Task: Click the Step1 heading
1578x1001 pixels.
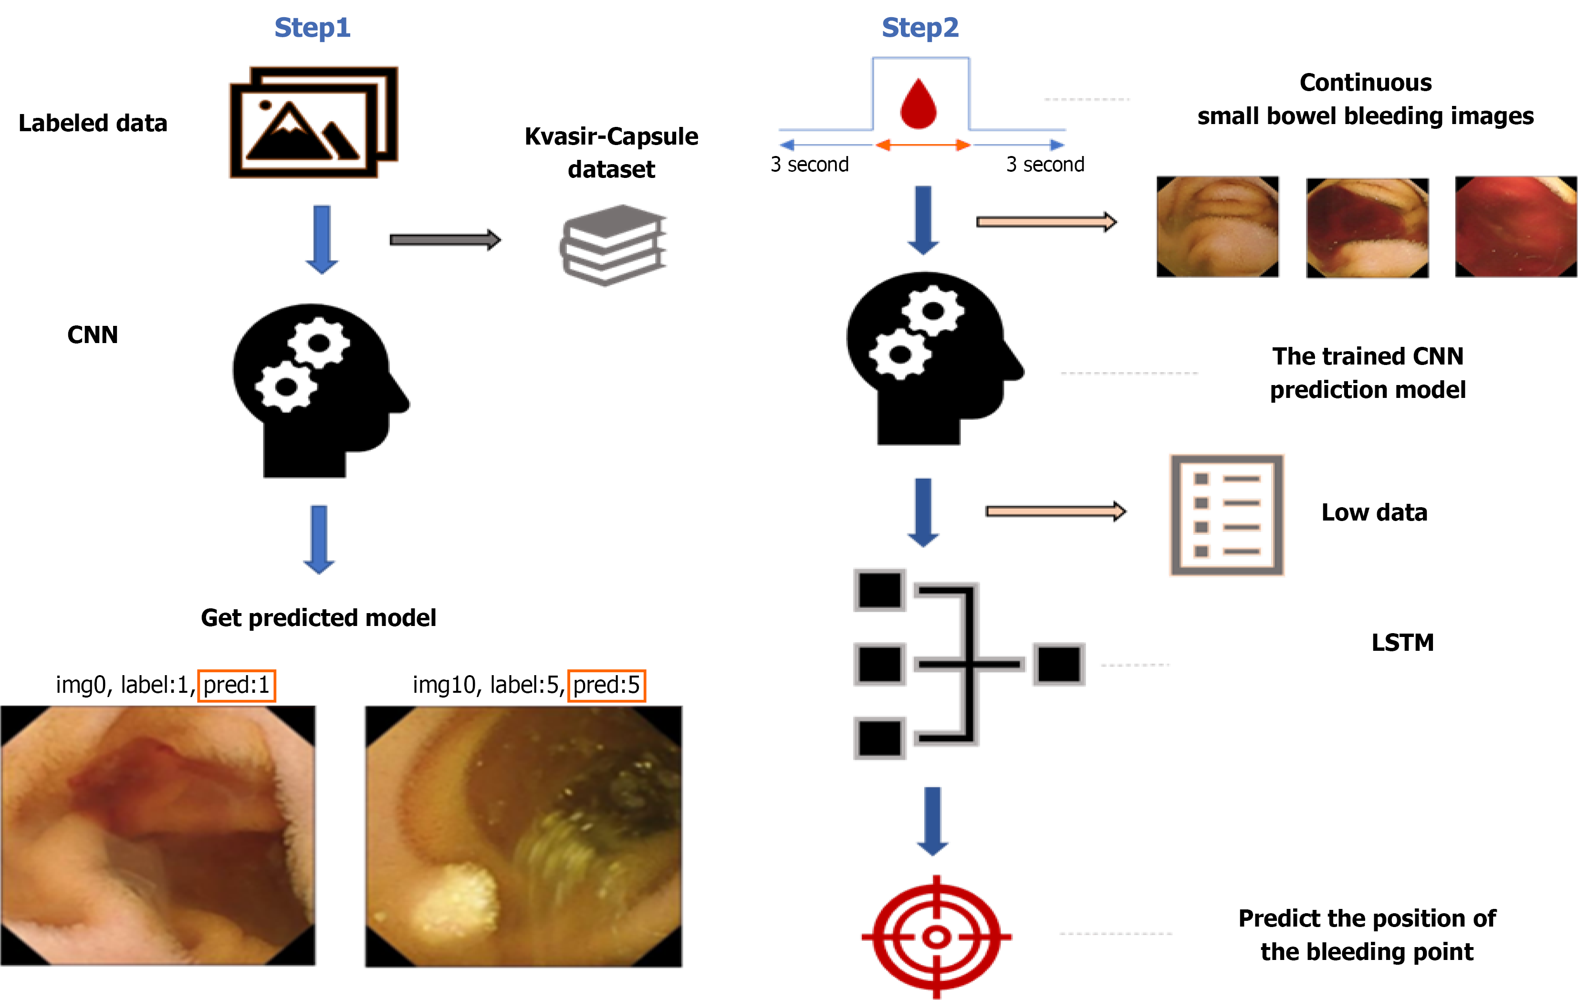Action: [x=312, y=28]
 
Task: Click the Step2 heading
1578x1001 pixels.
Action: [x=920, y=28]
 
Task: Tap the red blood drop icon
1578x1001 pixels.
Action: [x=919, y=105]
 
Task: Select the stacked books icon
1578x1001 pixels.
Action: [x=613, y=245]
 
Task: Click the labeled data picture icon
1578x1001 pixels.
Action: [x=313, y=123]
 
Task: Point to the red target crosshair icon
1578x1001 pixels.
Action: [x=937, y=937]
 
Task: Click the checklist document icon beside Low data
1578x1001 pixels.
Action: [x=1226, y=515]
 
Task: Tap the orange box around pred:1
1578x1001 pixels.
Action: [x=237, y=685]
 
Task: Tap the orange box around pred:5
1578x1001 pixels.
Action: [x=606, y=685]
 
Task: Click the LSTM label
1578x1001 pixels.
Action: [x=1402, y=643]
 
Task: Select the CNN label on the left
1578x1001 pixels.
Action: [x=93, y=335]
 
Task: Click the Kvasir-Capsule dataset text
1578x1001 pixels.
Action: [x=611, y=153]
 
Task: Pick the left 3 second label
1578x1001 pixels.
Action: [x=809, y=165]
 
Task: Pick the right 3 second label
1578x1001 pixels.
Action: [x=1045, y=165]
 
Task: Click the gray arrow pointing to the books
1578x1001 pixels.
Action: [x=445, y=240]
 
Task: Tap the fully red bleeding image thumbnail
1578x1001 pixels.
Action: [x=1515, y=227]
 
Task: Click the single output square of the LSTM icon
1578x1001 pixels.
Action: [x=1058, y=664]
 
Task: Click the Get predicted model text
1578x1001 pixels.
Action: [x=318, y=618]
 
